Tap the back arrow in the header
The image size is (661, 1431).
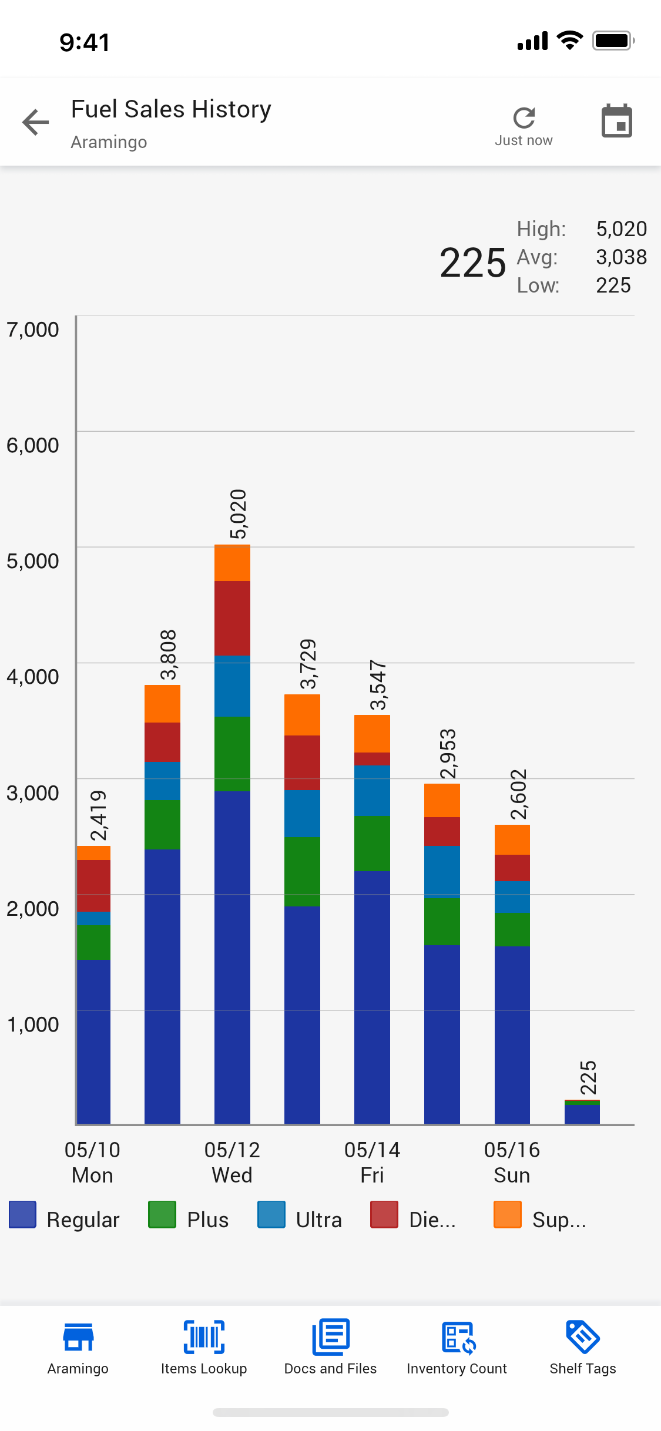[36, 122]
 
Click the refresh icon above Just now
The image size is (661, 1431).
[524, 117]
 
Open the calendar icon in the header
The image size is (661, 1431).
[617, 121]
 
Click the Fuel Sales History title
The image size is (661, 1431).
[171, 109]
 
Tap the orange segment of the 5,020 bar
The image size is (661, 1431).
[232, 563]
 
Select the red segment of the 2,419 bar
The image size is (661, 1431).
[94, 885]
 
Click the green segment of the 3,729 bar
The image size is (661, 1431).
[302, 871]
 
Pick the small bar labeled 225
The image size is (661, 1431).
[582, 1112]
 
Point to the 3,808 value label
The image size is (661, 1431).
[168, 654]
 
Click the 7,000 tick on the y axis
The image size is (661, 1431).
[33, 330]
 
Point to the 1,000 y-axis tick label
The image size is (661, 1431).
[33, 1024]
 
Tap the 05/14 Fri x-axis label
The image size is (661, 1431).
[372, 1162]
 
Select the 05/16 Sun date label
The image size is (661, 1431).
[512, 1162]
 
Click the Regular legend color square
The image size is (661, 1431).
[23, 1215]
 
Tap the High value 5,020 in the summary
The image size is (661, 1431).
[621, 229]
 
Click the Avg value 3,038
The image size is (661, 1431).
[621, 257]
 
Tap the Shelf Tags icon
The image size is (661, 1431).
[582, 1337]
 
